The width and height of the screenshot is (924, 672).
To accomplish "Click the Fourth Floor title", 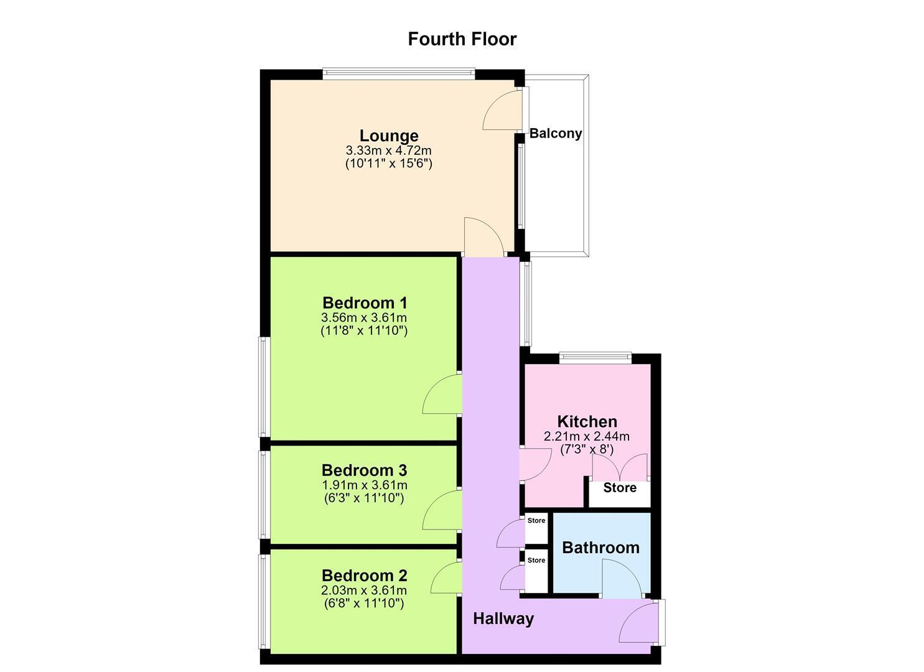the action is [462, 39].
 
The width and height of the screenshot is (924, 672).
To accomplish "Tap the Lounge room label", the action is [388, 136].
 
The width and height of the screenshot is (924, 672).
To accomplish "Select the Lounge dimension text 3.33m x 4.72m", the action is [388, 150].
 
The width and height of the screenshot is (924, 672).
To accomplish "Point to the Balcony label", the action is [555, 133].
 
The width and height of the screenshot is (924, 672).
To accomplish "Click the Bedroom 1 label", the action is [365, 303].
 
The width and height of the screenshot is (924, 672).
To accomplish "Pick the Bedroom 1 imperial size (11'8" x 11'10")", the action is [364, 331].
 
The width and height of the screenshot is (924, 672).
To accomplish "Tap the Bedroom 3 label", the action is [364, 470].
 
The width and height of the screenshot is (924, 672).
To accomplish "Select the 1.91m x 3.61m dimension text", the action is [364, 485].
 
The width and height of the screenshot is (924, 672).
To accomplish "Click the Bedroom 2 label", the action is [364, 576].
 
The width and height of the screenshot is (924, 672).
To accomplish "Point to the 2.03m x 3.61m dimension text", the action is [364, 590].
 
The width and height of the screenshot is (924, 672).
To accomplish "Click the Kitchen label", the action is [587, 422].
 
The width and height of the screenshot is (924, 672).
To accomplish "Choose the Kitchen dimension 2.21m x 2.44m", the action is [587, 436].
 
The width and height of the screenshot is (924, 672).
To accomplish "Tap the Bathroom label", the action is [600, 548].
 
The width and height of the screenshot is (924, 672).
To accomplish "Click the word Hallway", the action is [503, 618].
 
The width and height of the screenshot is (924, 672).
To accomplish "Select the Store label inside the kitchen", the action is [620, 488].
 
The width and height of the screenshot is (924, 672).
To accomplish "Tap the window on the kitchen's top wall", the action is [595, 358].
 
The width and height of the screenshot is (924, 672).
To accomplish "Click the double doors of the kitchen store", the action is [620, 467].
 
